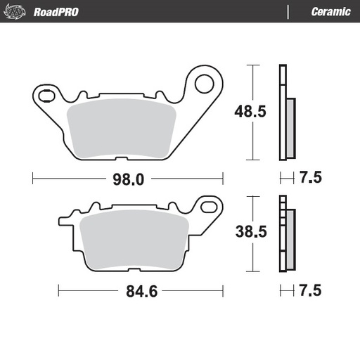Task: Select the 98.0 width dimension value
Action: point(129,179)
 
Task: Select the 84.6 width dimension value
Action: point(141,288)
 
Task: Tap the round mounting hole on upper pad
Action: point(204,84)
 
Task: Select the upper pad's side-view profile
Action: point(286,112)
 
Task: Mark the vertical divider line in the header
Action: point(288,12)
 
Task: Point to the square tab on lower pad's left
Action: point(64,224)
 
